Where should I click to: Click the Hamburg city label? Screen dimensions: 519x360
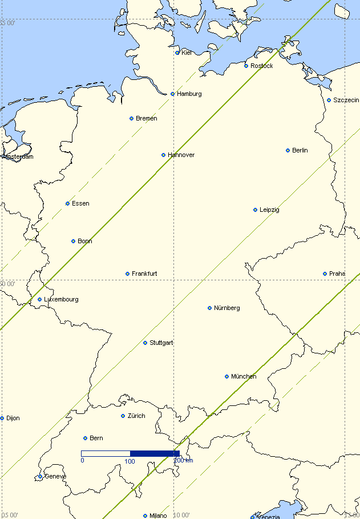tap(189, 94)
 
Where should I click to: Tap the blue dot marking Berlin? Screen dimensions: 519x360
tap(288, 150)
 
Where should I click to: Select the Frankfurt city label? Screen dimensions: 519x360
tap(144, 273)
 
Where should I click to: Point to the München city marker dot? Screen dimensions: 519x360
tap(226, 376)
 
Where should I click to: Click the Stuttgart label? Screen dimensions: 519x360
tap(161, 343)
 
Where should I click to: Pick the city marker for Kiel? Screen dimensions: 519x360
tap(177, 53)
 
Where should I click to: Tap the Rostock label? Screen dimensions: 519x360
tap(261, 66)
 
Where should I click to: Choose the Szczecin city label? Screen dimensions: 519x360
tap(346, 100)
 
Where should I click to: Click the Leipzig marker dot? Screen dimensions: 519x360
tap(255, 210)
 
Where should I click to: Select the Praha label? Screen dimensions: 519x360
tap(337, 273)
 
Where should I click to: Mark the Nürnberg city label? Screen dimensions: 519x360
tap(226, 308)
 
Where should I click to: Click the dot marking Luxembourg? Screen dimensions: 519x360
tap(39, 299)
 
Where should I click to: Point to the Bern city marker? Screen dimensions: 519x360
tap(85, 438)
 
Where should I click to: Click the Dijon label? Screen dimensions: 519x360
tap(13, 418)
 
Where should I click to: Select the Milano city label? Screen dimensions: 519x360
tap(158, 516)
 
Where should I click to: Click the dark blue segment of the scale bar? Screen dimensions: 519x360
tap(155, 453)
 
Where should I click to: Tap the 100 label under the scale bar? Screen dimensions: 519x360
tap(130, 461)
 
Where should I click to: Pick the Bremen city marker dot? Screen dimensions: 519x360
tap(131, 118)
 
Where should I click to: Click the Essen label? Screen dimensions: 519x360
tap(80, 203)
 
